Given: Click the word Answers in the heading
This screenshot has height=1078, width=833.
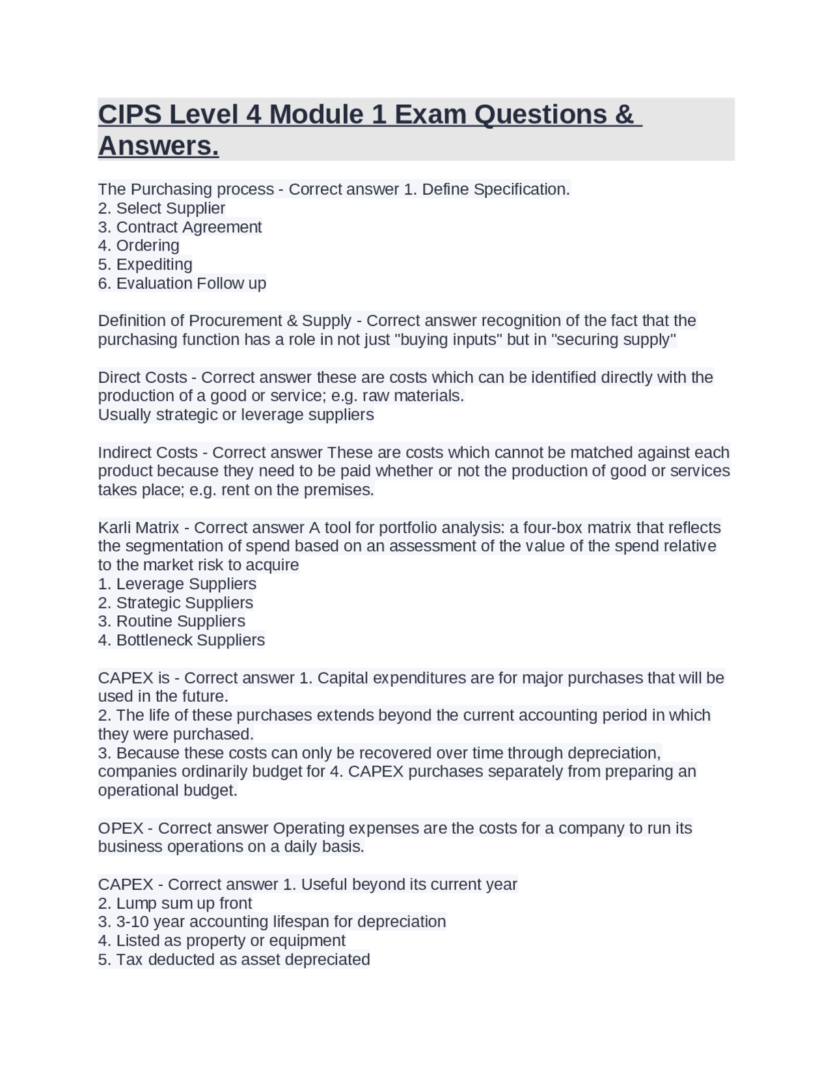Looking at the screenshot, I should point(158,146).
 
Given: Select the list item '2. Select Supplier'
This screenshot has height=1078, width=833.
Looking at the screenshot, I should point(161,208).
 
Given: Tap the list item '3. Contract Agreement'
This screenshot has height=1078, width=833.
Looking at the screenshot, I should point(180,227).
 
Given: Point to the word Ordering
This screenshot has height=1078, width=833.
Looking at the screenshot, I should point(148,245).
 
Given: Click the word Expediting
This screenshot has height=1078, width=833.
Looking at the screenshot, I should point(154,264).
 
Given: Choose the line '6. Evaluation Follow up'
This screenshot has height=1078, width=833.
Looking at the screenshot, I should point(182,283).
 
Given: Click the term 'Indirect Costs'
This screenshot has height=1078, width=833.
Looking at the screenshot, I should point(148,452).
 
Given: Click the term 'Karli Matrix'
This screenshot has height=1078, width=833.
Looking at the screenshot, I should point(139,527).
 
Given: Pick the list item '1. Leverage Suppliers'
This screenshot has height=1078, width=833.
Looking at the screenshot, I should point(177,584).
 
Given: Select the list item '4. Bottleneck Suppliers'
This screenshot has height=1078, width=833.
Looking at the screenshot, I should point(182,640).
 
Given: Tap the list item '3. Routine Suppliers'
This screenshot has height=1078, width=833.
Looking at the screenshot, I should point(172,621).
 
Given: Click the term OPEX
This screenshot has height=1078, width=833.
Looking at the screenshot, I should point(121,828).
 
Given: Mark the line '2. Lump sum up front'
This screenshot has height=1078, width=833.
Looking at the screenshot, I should point(175,904).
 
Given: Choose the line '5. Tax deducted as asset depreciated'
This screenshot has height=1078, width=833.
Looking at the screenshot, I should point(234,960).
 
